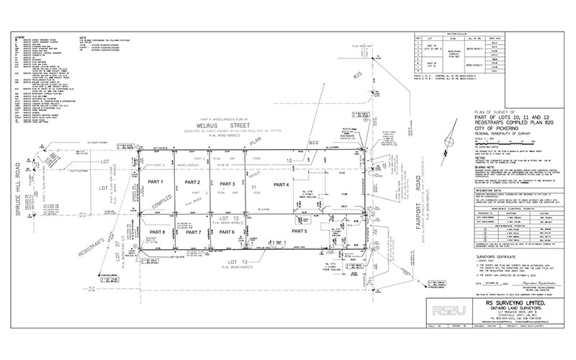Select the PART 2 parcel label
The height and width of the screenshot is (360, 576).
click(192, 183)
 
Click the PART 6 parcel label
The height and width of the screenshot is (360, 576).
click(228, 232)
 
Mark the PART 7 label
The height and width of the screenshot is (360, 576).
click(192, 232)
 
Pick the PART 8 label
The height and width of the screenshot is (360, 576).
click(158, 232)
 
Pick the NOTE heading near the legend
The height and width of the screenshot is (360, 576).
click(84, 34)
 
